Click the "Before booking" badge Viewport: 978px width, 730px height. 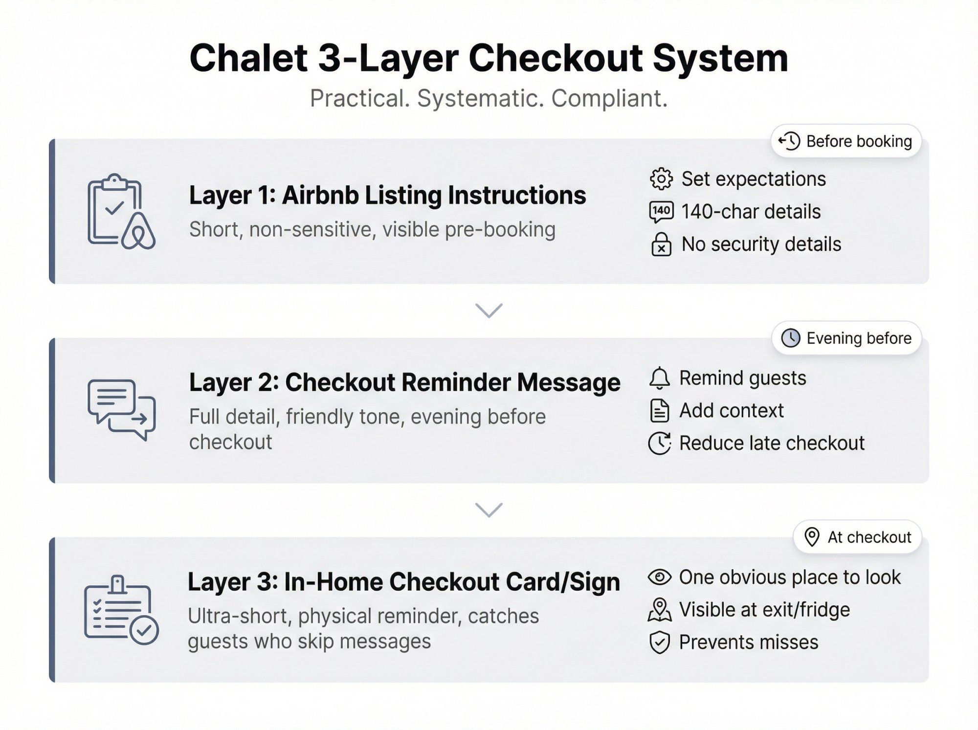846,141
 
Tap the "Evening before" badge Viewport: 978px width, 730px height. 846,338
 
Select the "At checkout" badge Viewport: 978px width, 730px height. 857,537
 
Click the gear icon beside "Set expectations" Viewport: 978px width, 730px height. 661,179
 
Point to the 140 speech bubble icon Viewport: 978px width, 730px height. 661,212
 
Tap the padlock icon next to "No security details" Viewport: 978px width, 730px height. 661,244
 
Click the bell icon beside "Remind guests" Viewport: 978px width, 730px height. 659,378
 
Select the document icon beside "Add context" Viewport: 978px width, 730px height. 659,411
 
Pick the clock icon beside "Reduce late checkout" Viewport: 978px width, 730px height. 659,443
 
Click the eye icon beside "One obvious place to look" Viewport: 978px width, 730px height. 659,577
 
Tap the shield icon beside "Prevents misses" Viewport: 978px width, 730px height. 659,642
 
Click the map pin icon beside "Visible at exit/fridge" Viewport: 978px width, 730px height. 659,610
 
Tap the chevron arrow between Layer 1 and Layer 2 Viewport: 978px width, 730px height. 489,310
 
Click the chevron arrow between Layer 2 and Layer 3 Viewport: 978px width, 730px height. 489,510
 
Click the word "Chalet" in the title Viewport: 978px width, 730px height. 248,58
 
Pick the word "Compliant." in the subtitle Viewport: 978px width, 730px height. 609,98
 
